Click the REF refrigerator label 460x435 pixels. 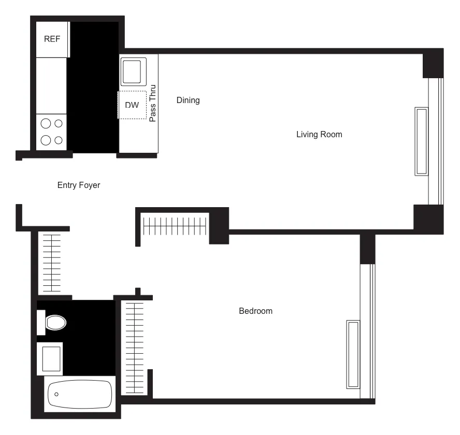(52, 39)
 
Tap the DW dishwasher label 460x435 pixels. (132, 105)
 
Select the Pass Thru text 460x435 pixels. (153, 103)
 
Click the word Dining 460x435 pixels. (188, 100)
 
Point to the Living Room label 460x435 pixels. (319, 135)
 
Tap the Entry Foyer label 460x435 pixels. (79, 185)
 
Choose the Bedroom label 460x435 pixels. (255, 311)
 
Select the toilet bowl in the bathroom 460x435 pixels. (56, 323)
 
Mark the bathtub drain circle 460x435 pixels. (56, 395)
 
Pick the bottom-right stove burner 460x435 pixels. (59, 140)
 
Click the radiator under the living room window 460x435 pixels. (422, 141)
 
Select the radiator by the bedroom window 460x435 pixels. (353, 354)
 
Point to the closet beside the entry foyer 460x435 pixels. (51, 263)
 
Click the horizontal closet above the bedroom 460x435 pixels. (175, 226)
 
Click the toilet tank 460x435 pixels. (40, 323)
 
